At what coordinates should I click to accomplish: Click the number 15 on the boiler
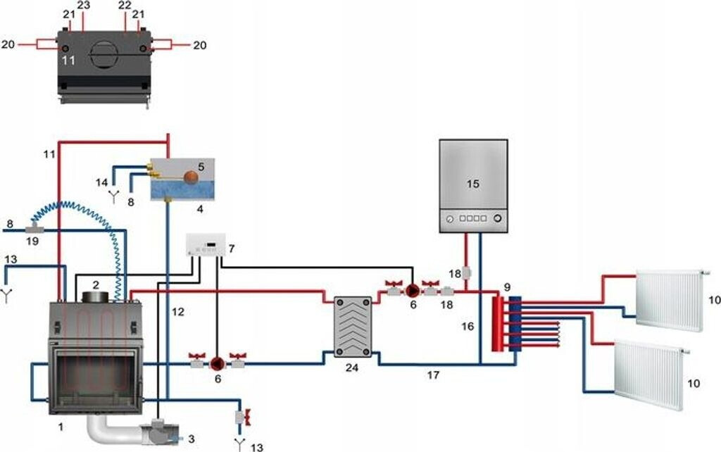click(x=472, y=183)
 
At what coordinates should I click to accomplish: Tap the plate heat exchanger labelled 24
click(x=350, y=325)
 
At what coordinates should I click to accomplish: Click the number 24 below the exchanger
click(x=350, y=367)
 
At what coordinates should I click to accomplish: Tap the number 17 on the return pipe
click(x=433, y=376)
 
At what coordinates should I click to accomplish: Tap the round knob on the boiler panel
click(x=498, y=219)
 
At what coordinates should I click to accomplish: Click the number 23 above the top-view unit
click(x=84, y=6)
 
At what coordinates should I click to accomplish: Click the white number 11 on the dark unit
click(x=68, y=61)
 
